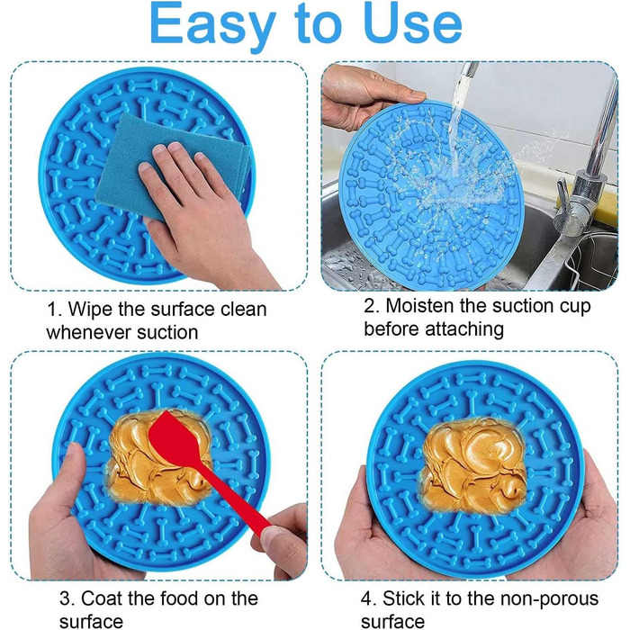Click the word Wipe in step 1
pos(92,309)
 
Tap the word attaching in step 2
pos(464,329)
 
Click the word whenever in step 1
pos(89,333)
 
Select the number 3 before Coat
pos(65,598)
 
